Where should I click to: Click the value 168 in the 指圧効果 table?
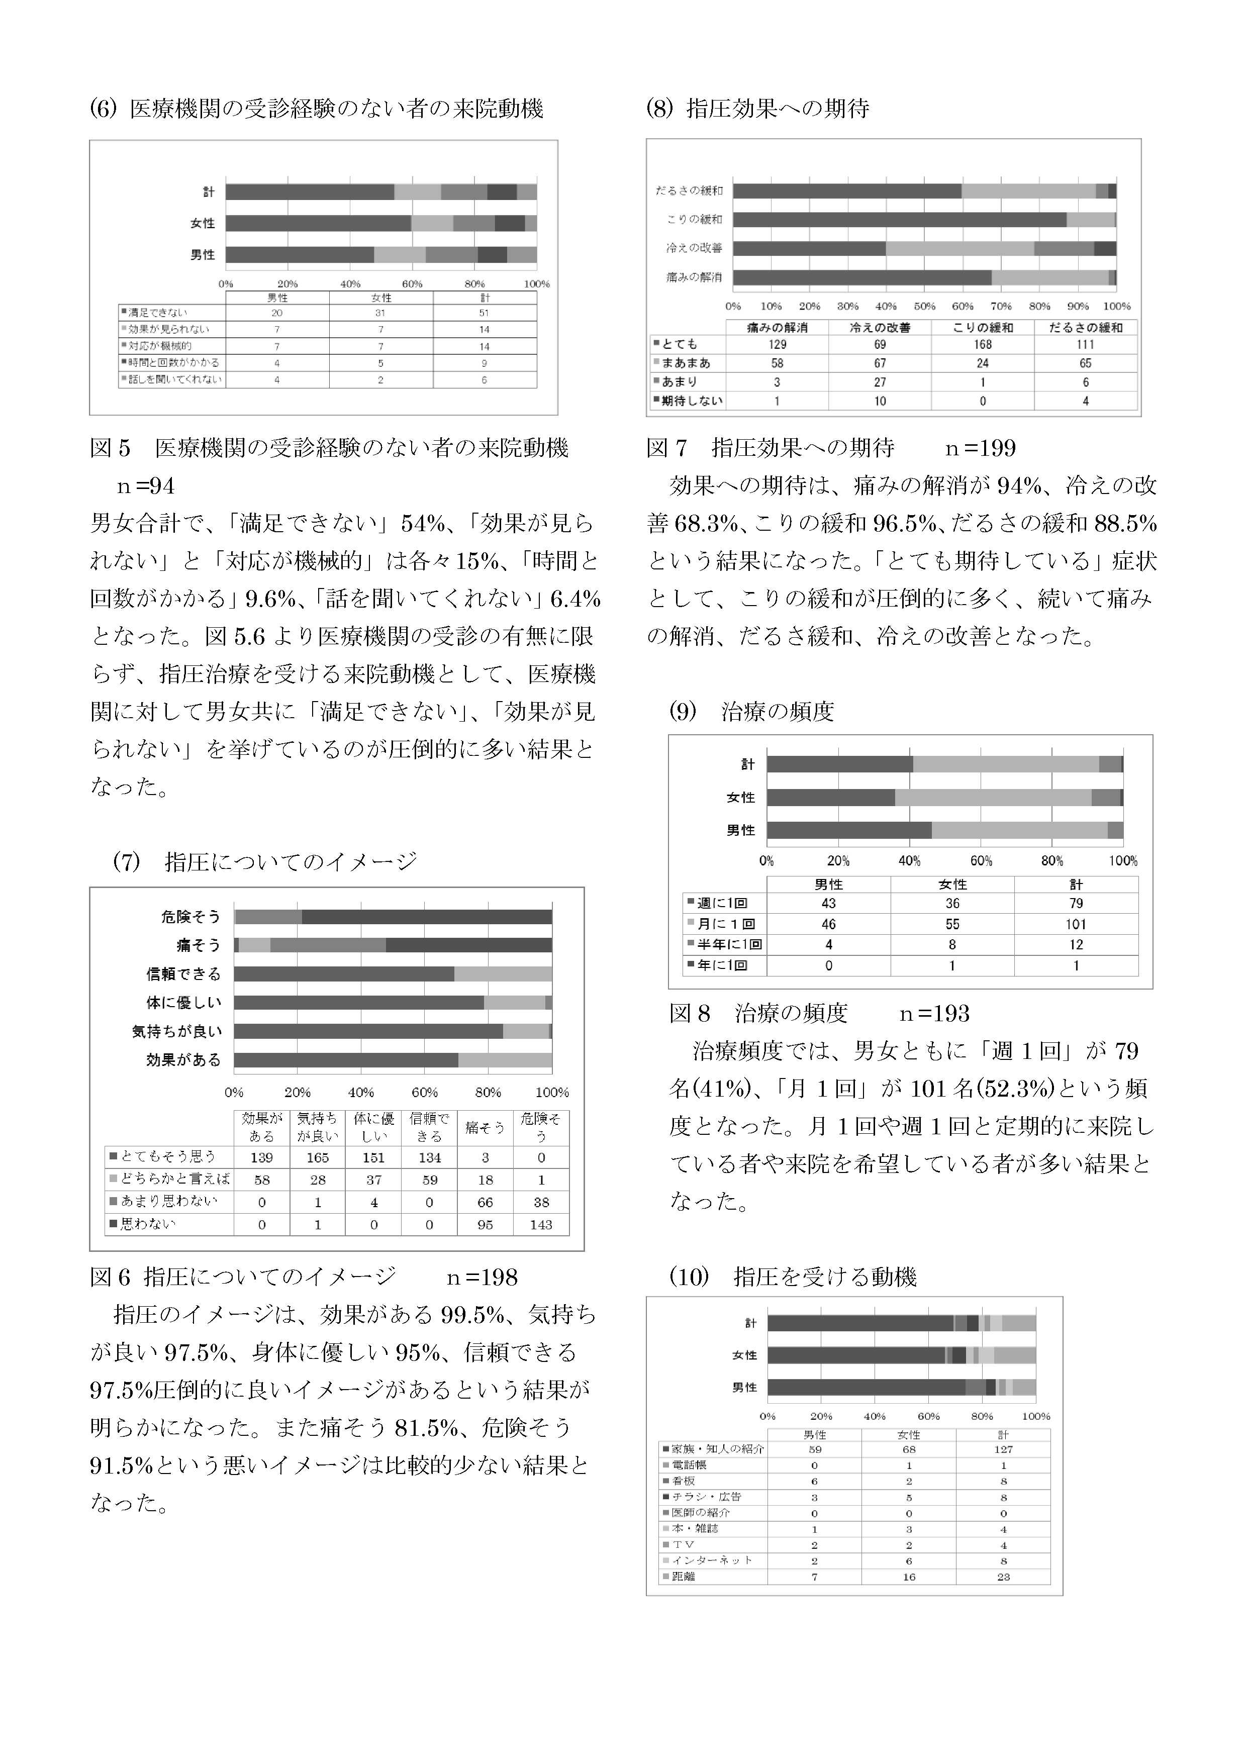(982, 345)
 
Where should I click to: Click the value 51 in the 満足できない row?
(485, 313)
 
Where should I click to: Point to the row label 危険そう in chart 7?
(190, 917)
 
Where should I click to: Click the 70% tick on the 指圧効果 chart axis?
(1001, 307)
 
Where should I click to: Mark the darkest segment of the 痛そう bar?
(468, 945)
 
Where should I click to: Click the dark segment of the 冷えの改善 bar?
(809, 248)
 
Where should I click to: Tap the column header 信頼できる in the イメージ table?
(429, 1127)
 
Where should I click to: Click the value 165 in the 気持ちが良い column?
(317, 1157)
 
